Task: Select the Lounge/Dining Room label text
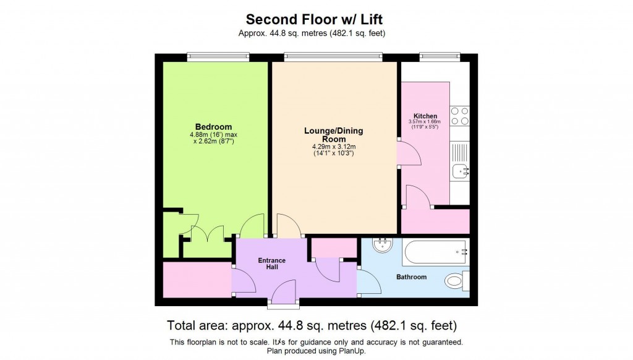(x=333, y=135)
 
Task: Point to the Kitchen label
(x=425, y=116)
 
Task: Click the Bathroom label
(x=412, y=277)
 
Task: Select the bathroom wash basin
(x=383, y=245)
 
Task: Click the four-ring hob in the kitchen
(x=459, y=116)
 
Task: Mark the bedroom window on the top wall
(x=218, y=57)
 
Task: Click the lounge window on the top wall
(x=333, y=57)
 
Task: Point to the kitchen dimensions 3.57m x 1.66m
(x=425, y=124)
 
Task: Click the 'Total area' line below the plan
(x=316, y=325)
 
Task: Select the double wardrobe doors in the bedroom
(x=207, y=233)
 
